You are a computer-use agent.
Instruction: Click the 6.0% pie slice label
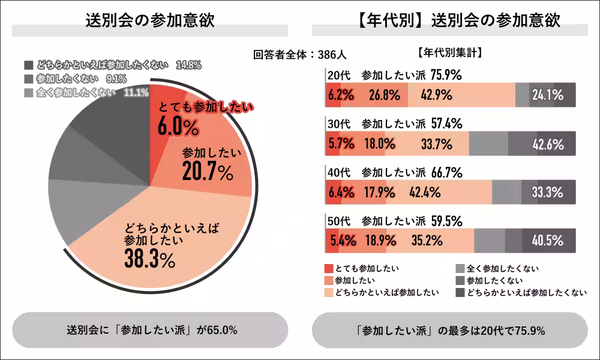click(x=178, y=127)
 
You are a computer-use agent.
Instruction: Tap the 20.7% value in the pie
click(x=207, y=172)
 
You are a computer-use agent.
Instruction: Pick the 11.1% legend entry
click(x=136, y=92)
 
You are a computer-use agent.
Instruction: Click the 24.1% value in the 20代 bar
click(x=547, y=95)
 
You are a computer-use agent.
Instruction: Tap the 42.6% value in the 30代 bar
click(x=547, y=144)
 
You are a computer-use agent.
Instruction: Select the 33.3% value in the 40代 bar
click(x=547, y=193)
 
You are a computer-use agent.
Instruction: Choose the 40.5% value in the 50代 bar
click(x=547, y=241)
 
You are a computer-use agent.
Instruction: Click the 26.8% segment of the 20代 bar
click(x=382, y=95)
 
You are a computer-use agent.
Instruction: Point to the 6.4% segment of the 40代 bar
click(x=340, y=193)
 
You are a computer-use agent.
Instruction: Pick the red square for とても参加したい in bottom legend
click(x=328, y=268)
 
